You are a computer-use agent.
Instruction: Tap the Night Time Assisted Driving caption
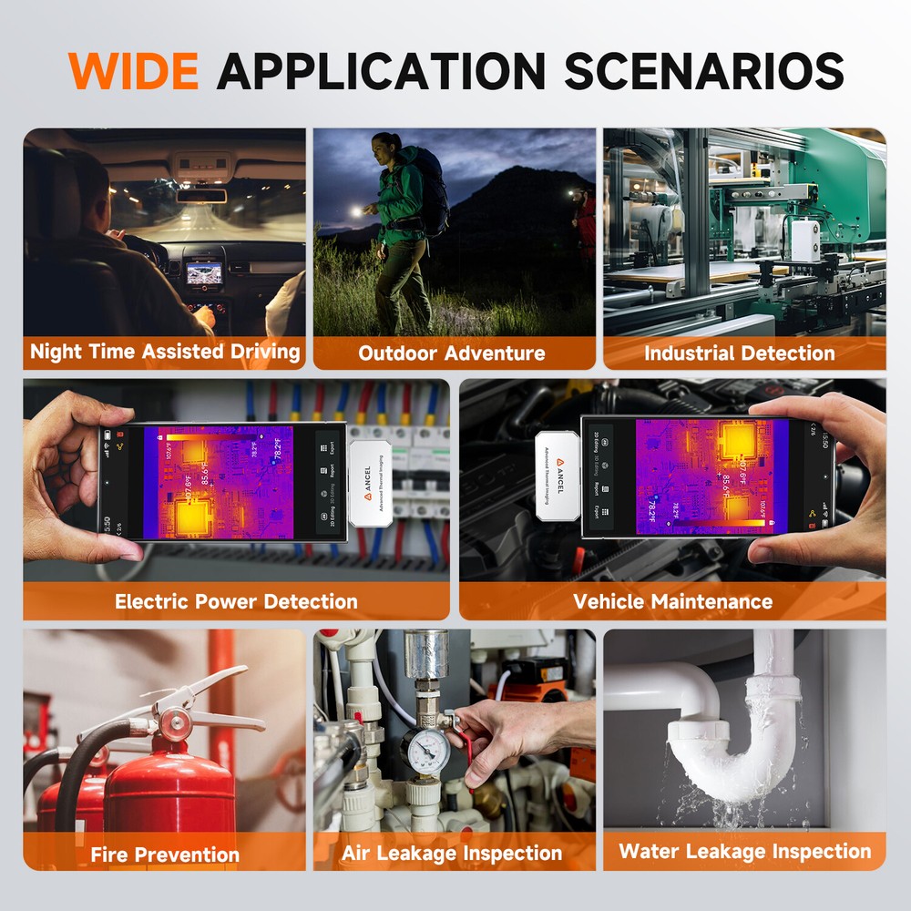tap(165, 352)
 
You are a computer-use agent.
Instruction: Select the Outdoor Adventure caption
tap(452, 353)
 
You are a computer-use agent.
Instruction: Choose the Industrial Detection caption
tap(739, 353)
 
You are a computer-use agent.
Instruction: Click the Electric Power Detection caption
tap(236, 601)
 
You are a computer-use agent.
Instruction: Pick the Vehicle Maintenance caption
tap(672, 601)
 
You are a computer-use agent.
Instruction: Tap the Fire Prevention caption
tap(165, 854)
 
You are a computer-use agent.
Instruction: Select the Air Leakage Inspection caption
tap(452, 854)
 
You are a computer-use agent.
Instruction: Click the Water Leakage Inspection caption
tap(744, 852)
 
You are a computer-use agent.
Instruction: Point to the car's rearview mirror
tap(201, 195)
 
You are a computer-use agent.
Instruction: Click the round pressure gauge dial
tap(425, 750)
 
